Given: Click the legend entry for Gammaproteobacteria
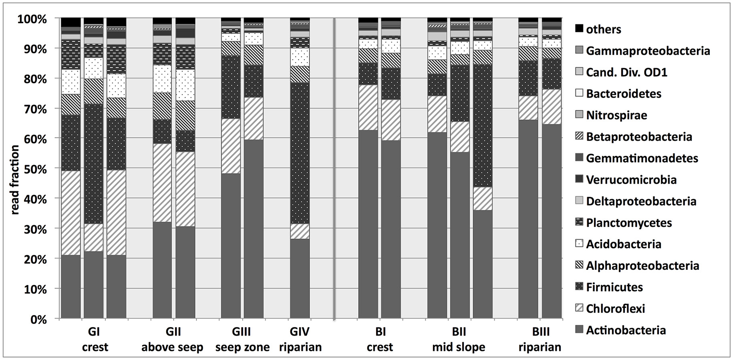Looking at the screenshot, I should coord(648,51).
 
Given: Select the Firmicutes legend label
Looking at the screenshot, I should coord(614,287).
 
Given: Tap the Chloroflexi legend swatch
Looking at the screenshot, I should coord(580,308).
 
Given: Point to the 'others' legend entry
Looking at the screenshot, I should coord(604,29).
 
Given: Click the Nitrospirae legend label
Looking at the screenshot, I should coord(616,115).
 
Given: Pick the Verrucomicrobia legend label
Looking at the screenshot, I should coord(631,180).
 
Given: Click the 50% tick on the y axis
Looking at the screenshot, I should coord(33,169).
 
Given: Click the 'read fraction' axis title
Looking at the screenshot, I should coord(15,180).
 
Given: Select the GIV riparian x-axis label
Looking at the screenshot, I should coord(300,339).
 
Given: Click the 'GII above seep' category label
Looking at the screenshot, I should coord(172,339).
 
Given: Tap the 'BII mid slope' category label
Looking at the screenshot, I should coord(459,339).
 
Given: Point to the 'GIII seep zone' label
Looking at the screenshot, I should coord(242,339).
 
